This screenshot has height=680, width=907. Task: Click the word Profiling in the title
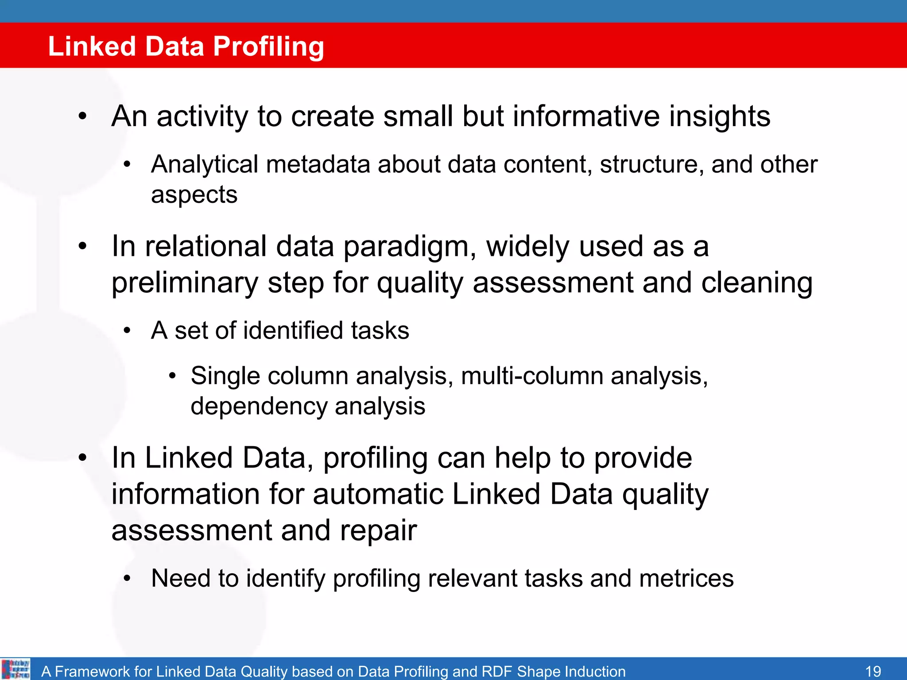point(268,46)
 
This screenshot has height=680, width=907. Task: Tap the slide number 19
point(873,671)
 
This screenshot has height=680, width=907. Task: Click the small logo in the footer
point(16,669)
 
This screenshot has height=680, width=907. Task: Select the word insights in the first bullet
point(719,116)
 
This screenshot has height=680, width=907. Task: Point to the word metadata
point(318,165)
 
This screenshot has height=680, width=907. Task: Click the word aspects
point(194,195)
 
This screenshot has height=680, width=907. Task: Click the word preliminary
point(185,283)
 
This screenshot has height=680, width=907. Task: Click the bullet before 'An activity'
point(82,117)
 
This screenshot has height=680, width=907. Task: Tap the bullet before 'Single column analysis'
point(173,377)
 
